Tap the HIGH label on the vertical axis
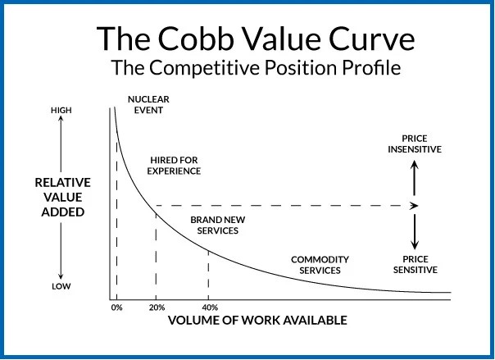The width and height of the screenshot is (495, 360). [62, 108]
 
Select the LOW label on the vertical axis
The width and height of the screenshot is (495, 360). [62, 287]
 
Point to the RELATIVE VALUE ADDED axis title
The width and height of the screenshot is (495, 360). [62, 198]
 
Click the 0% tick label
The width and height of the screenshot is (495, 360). [116, 307]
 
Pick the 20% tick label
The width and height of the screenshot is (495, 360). [156, 307]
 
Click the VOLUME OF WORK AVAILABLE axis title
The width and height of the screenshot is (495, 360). [258, 320]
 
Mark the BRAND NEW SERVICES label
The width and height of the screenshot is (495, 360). [214, 226]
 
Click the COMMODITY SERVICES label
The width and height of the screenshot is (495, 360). [320, 265]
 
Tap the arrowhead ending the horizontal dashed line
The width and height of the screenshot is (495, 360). [416, 205]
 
